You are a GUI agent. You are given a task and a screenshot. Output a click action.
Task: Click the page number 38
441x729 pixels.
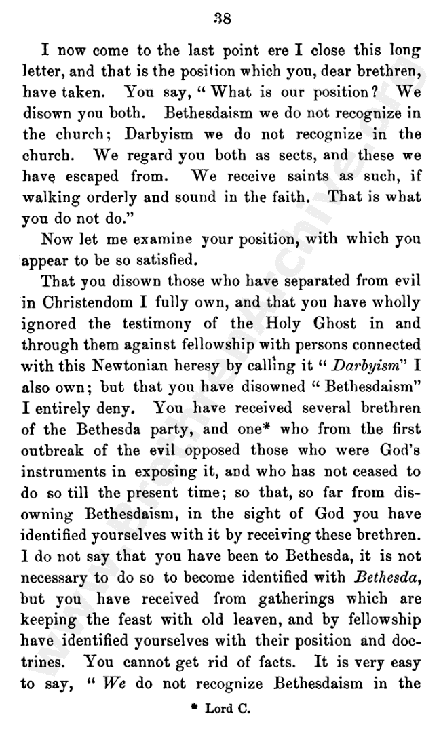[222, 20]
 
